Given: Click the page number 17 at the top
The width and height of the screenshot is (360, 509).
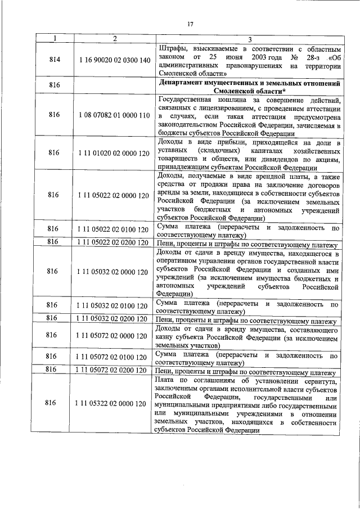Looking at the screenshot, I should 190,23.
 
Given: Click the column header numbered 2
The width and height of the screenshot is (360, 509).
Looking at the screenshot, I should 114,38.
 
